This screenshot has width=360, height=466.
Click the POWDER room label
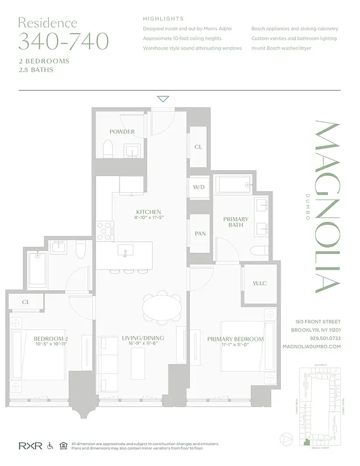pos(122,132)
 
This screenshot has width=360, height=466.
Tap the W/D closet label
pos(199,188)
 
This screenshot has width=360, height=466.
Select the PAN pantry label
pos(200,233)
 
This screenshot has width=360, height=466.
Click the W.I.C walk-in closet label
pos(259,284)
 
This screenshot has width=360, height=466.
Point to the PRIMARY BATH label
pos(235,223)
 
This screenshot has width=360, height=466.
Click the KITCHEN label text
pos(148,212)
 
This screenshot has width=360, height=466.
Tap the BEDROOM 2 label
pos(51,339)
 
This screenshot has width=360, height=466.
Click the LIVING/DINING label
pos(143,338)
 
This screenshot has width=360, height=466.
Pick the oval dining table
pos(163,308)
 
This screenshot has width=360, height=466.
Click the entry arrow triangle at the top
pos(163,99)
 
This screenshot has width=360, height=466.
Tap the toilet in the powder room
pos(107,151)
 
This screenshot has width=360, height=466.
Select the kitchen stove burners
pos(104,230)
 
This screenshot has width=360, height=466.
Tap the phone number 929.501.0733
pos(324,338)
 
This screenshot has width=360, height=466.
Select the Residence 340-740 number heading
pos(63,41)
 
